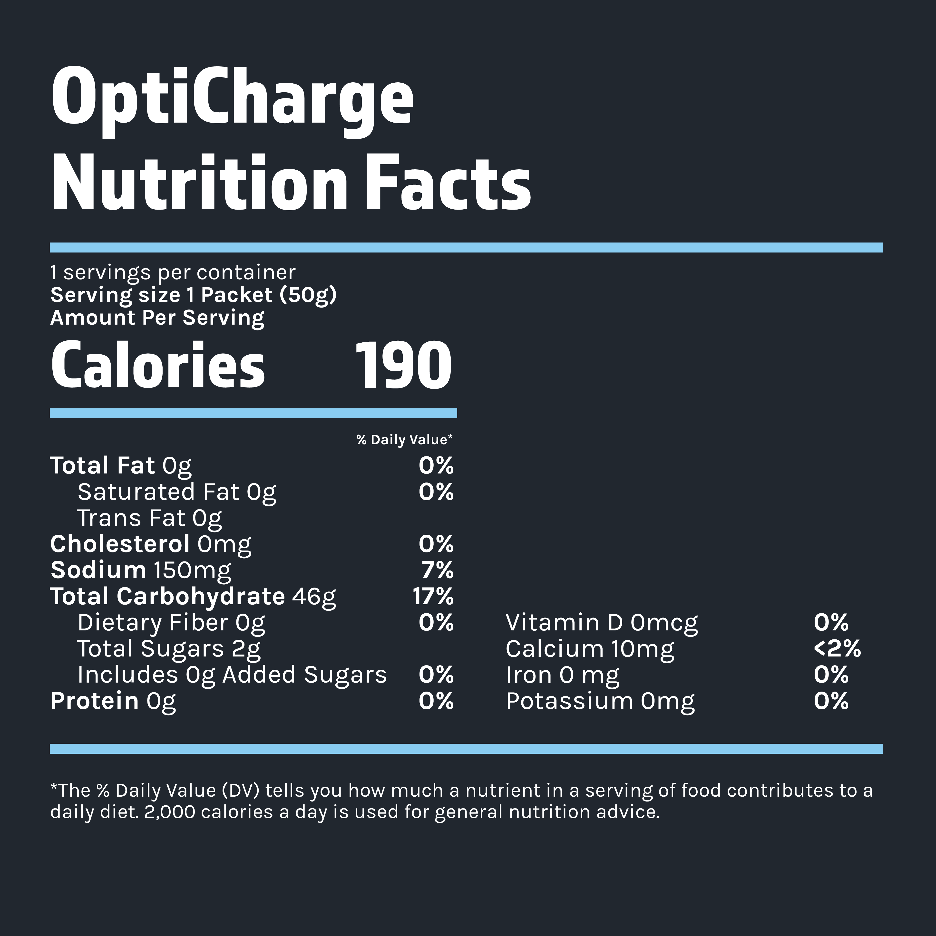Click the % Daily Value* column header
404,440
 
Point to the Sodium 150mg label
141,570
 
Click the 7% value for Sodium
437,570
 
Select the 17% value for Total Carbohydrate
433,596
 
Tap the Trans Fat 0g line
149,518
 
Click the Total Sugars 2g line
169,649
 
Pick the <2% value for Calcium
837,649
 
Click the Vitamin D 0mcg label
602,623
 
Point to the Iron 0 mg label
562,675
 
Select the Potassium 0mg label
600,702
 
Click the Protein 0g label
113,702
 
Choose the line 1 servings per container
173,272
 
